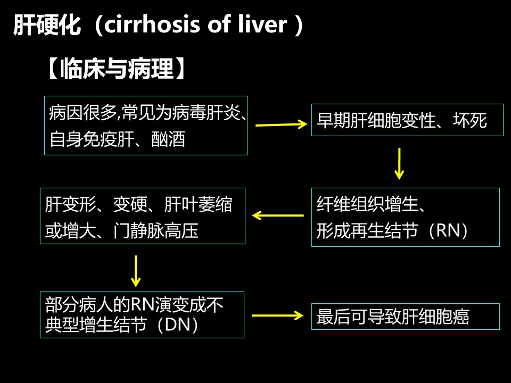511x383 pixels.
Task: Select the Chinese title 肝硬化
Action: click(x=47, y=25)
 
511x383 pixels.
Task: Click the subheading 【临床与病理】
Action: click(x=117, y=69)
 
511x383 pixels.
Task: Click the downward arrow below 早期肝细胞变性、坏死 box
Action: click(x=399, y=163)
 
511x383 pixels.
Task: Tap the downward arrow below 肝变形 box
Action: click(x=136, y=270)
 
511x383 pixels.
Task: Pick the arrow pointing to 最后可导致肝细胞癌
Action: click(x=277, y=315)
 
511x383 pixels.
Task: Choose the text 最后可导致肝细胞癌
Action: click(x=393, y=317)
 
